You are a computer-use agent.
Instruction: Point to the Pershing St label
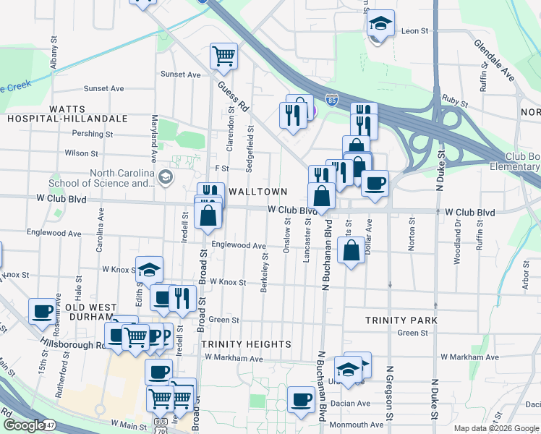pos(93,134)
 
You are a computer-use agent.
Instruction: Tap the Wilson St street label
pos(81,153)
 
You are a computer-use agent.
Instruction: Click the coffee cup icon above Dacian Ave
pos(301,399)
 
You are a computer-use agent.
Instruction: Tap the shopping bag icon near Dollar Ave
pos(351,251)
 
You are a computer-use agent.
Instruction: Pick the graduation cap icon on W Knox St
pos(150,271)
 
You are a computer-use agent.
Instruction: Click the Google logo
pos(25,425)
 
